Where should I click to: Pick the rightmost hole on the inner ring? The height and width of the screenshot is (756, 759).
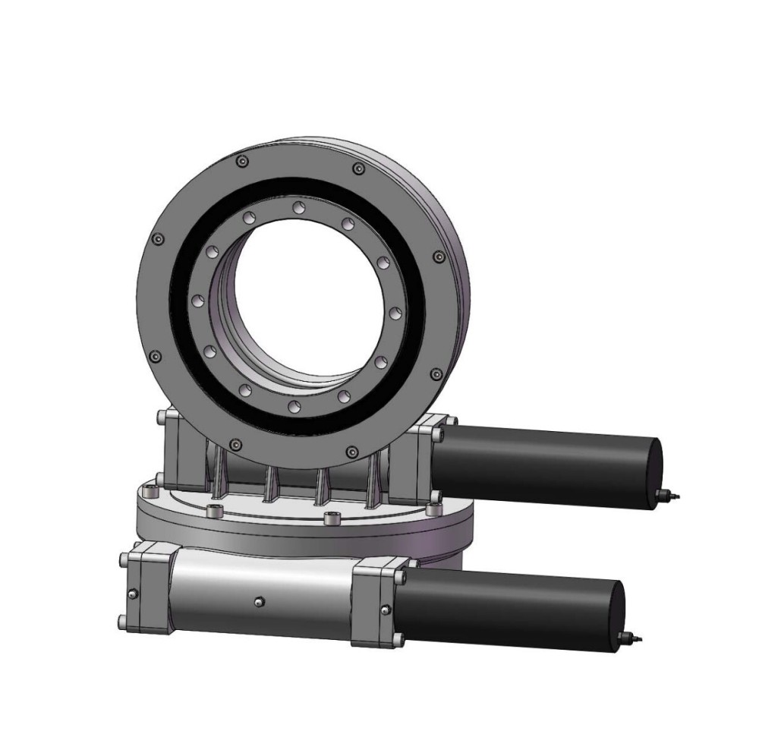point(393,313)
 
